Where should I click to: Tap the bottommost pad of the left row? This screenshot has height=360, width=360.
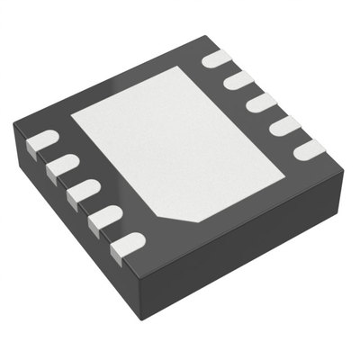click(129, 242)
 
